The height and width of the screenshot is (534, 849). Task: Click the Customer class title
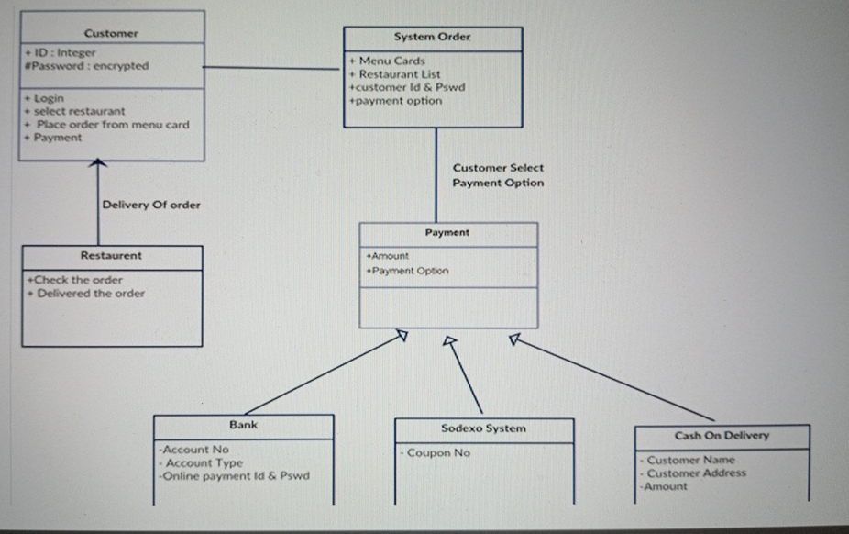[111, 33]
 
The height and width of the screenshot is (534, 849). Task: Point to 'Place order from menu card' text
[112, 124]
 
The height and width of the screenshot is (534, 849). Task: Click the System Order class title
[432, 38]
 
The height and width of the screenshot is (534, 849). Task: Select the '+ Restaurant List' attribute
[394, 74]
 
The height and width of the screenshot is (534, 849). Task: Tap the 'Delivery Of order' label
[150, 205]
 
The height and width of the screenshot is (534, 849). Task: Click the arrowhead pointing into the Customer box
[99, 164]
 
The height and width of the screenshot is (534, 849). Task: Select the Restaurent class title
[111, 256]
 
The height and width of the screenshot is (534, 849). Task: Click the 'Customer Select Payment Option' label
[498, 175]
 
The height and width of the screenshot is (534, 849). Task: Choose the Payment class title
[447, 233]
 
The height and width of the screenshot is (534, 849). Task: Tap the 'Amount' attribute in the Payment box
[388, 257]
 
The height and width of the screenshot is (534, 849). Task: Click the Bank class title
[243, 425]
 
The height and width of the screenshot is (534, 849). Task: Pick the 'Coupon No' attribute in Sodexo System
[437, 452]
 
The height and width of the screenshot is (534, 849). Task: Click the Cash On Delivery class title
[722, 436]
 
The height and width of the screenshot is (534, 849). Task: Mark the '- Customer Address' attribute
[694, 473]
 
